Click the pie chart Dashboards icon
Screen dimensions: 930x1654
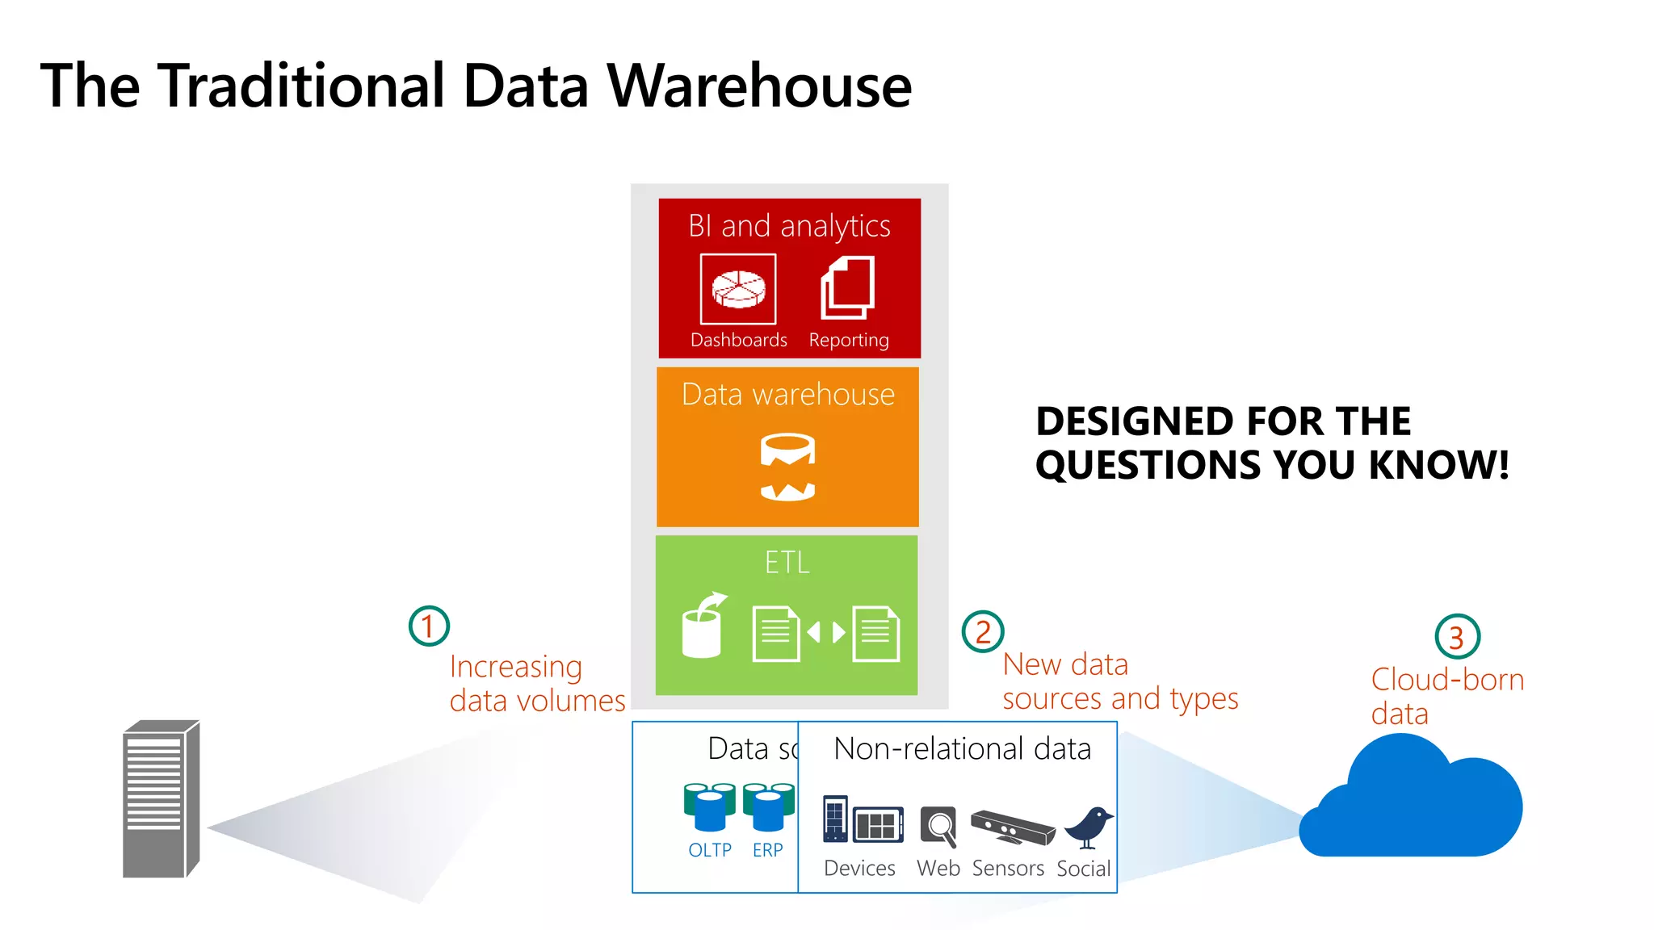tap(738, 289)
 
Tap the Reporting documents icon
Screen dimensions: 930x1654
tap(848, 287)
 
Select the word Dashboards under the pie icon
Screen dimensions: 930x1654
tap(738, 340)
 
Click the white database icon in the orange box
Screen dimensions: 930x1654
tap(787, 467)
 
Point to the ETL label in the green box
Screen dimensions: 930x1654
tap(787, 562)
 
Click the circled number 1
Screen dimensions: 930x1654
tap(429, 626)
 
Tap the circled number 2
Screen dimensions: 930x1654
tap(982, 631)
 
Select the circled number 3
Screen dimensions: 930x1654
tap(1456, 637)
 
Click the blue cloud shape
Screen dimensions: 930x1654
tap(1413, 807)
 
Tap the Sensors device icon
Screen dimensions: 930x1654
tap(1013, 827)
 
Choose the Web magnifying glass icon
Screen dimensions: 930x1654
tap(939, 827)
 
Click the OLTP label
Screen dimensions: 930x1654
tap(709, 850)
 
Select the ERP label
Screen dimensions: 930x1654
tap(767, 850)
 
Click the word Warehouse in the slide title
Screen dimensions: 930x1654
tap(759, 86)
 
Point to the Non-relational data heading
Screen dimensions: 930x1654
tap(962, 748)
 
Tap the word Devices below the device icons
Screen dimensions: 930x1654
tap(859, 868)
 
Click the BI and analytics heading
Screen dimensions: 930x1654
tap(789, 226)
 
